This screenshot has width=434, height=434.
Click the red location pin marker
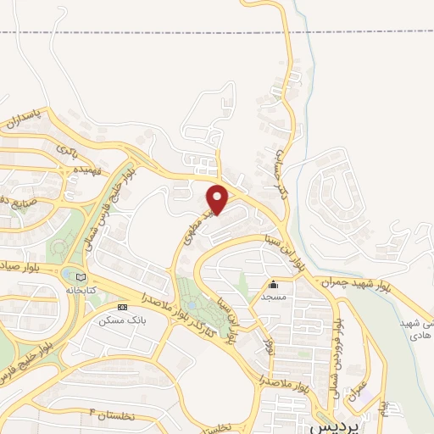[218, 198]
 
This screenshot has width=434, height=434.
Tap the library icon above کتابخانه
[81, 276]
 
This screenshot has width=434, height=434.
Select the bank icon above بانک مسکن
[122, 307]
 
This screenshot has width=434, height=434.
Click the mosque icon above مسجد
[273, 285]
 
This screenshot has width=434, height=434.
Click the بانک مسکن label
[118, 320]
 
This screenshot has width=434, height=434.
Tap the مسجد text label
[273, 298]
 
